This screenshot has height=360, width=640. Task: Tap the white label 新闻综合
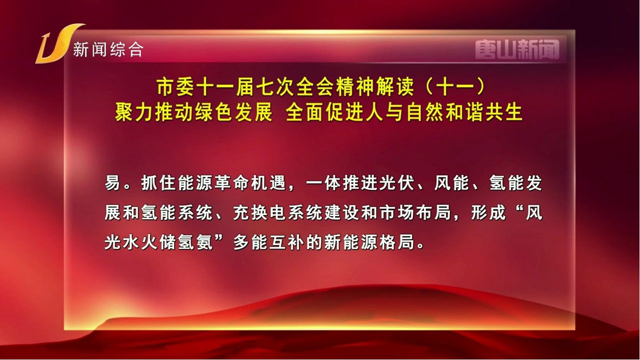pyautogui.click(x=108, y=49)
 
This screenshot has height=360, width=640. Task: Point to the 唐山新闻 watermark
pyautogui.click(x=517, y=49)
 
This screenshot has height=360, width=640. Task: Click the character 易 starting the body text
pyautogui.click(x=112, y=182)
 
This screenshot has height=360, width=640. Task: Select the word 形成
pyautogui.click(x=488, y=212)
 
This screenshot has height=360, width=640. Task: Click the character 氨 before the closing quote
pyautogui.click(x=204, y=243)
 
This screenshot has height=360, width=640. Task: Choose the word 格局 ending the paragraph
pyautogui.click(x=395, y=243)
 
